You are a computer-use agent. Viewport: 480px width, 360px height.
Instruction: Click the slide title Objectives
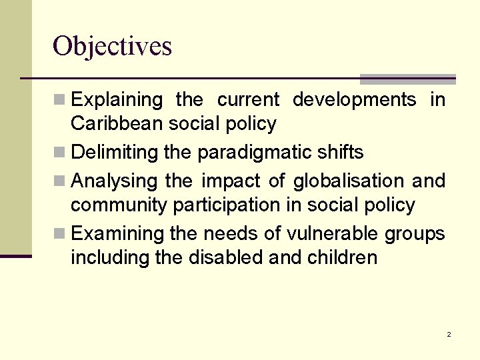[x=112, y=47]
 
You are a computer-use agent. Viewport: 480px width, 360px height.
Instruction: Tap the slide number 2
[x=449, y=334]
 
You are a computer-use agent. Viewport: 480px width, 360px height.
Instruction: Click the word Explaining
[x=117, y=101]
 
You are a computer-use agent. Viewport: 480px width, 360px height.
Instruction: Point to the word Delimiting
[x=115, y=153]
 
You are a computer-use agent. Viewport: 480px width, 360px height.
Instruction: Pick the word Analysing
[x=114, y=181]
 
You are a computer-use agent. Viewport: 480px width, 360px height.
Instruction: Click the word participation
[x=227, y=205]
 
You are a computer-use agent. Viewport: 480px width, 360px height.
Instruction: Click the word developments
[x=354, y=101]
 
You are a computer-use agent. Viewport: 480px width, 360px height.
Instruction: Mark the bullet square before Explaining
[x=59, y=101]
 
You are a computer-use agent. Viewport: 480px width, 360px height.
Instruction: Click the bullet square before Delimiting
[x=59, y=153]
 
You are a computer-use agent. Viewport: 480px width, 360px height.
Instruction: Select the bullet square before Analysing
[x=59, y=181]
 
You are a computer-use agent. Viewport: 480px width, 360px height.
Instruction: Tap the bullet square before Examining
[x=59, y=234]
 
